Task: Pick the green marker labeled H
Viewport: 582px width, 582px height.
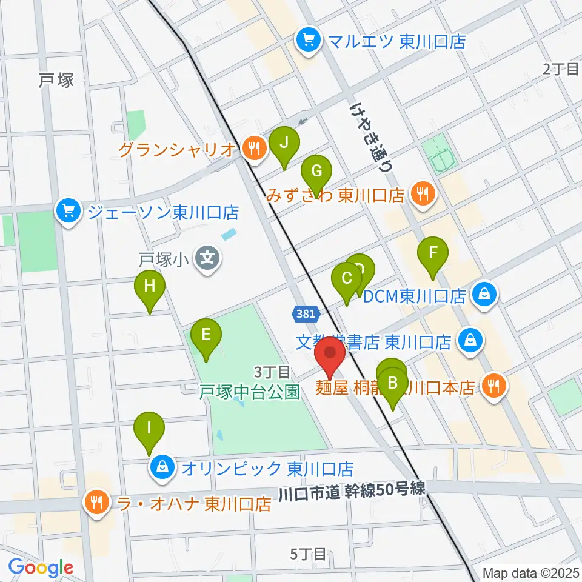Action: click(x=150, y=286)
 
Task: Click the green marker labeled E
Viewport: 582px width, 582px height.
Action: click(x=206, y=335)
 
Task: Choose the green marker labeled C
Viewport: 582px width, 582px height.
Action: click(x=347, y=279)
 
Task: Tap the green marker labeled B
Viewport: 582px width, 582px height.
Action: click(x=393, y=383)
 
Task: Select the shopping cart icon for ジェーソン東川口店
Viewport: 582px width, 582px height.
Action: click(x=69, y=212)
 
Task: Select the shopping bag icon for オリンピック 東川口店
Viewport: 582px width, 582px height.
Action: click(x=162, y=468)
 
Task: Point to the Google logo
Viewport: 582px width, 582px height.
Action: click(x=41, y=568)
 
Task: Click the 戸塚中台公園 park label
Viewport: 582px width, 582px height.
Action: click(x=250, y=392)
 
